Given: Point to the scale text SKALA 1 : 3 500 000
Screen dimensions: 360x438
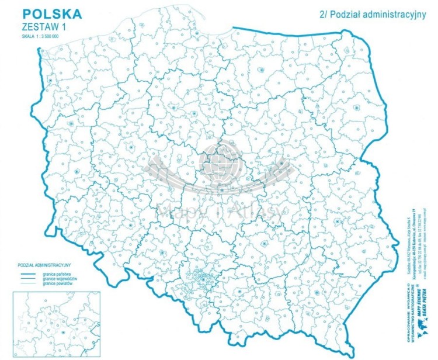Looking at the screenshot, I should click(41, 37).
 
